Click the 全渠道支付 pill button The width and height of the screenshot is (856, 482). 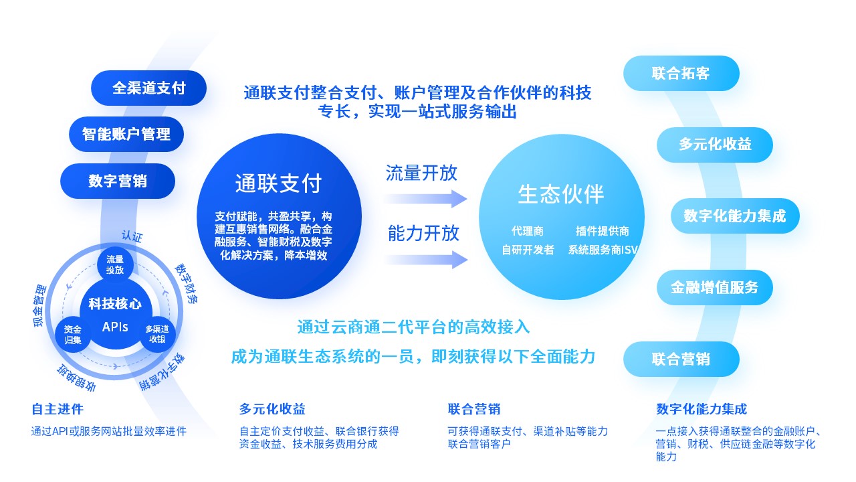click(x=148, y=88)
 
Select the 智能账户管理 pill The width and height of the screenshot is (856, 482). click(x=126, y=135)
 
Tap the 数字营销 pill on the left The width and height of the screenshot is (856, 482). click(x=118, y=181)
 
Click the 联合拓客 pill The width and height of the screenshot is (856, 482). click(x=681, y=73)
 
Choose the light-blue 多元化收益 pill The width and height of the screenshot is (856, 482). click(x=715, y=145)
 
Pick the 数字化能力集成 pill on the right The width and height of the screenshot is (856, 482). click(x=735, y=216)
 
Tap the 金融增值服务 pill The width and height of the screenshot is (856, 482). click(x=715, y=287)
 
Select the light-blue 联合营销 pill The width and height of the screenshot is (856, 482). click(x=681, y=359)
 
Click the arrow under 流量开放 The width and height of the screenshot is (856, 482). click(x=426, y=199)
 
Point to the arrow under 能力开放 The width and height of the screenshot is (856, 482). click(x=426, y=260)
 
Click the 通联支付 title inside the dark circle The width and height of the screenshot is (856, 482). click(x=279, y=183)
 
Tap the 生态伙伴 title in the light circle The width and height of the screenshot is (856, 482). click(x=561, y=194)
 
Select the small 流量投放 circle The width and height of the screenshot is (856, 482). click(x=115, y=264)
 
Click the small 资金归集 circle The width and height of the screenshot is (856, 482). click(x=73, y=334)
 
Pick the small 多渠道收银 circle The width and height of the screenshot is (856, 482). click(x=157, y=334)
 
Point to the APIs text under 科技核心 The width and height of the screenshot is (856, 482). click(x=115, y=327)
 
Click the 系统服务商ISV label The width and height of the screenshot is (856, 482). click(x=603, y=250)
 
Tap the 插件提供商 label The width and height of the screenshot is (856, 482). click(x=603, y=231)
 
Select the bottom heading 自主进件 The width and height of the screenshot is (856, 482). click(x=58, y=409)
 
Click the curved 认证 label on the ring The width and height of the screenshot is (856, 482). click(x=132, y=236)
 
